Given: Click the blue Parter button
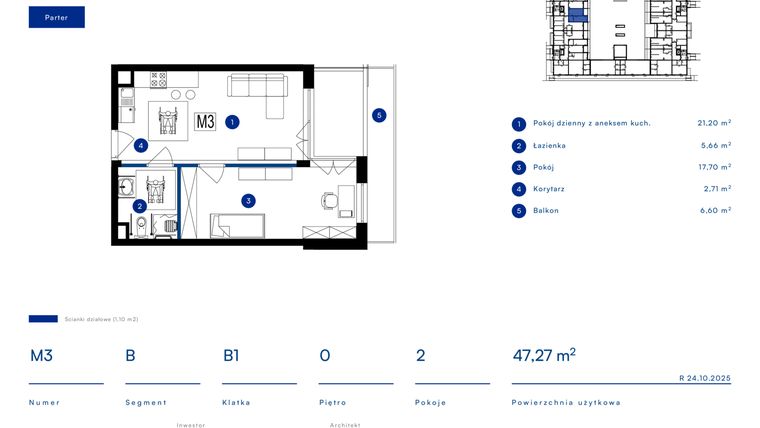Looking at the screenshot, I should tap(56, 17).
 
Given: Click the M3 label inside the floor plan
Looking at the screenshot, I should tap(205, 122).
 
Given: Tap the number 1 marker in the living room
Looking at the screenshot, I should tap(232, 122).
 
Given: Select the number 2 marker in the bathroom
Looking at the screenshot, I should tap(139, 206).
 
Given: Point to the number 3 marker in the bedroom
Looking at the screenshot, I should tap(248, 200).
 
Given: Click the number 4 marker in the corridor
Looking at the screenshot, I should tap(141, 145).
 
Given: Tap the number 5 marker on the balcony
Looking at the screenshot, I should tap(378, 115).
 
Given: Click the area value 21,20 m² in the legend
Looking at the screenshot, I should tap(713, 123).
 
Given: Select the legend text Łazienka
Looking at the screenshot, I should tap(550, 146).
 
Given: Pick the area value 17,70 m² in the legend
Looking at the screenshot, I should tap(713, 167).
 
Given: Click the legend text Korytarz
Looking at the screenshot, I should tap(550, 189).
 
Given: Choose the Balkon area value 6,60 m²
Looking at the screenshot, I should tap(713, 211).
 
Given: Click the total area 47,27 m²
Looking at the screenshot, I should tap(543, 355).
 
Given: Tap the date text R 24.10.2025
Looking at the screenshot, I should tap(704, 378).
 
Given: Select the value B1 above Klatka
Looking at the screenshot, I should tap(231, 355).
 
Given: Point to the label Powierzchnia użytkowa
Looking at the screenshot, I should tap(566, 403).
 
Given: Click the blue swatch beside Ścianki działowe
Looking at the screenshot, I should tap(43, 319).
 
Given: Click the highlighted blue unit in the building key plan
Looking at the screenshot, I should tap(577, 13).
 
